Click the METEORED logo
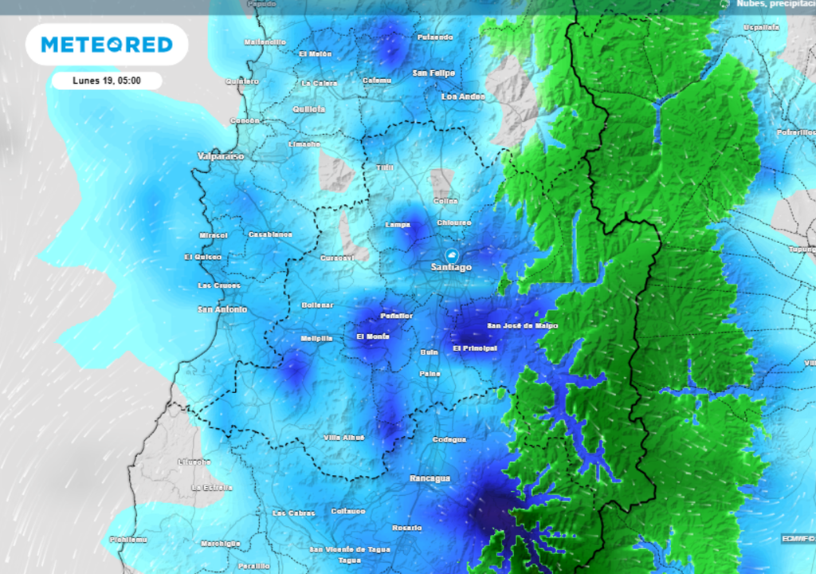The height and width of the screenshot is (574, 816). pos(107,45)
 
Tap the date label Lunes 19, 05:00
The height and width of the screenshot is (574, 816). pos(107,81)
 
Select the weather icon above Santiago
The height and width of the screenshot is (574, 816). pos(452,254)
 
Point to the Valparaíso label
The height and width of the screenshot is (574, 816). pos(221,157)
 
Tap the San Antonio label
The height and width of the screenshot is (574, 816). pos(222,309)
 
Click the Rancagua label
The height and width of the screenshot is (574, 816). pos(430,478)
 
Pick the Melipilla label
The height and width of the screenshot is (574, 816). pos(316,339)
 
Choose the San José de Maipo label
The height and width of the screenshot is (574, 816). pos(523,326)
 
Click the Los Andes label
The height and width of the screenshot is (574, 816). pos(463,96)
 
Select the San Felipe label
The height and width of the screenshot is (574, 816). pos(433,73)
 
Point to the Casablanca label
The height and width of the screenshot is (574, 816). pos(270,234)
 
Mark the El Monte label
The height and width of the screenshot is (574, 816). pos(373,337)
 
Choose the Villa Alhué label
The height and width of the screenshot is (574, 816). pos(344,438)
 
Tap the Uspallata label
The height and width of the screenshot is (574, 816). pos(761,27)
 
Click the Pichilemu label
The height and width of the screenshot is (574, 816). pos(128,540)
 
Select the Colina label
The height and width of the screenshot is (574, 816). pos(445,201)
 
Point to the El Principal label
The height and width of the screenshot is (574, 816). pos(475,348)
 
